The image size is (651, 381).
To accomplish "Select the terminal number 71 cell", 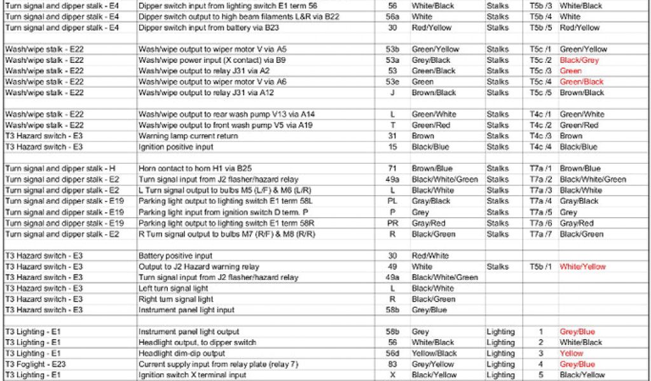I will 392,169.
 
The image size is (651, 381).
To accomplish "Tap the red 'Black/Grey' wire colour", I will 579,60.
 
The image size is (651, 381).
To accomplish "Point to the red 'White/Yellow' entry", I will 582,267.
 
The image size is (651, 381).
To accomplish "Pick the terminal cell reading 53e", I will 392,82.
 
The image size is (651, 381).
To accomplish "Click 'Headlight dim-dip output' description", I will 182,354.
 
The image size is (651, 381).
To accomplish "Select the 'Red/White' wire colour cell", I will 430,256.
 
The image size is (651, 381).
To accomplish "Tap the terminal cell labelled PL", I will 392,201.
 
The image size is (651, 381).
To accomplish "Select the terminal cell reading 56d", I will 392,354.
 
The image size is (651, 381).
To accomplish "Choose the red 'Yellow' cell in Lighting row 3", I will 572,354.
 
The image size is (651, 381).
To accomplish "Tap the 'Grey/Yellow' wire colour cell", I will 433,364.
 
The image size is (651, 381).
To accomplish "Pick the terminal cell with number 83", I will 392,364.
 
